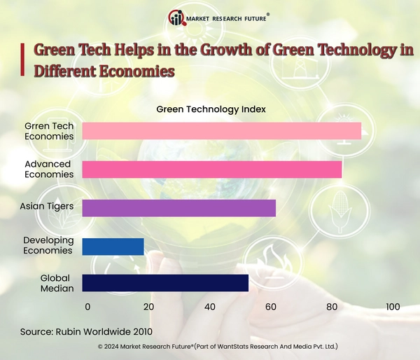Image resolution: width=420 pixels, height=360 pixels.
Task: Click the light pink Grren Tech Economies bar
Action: click(221, 131)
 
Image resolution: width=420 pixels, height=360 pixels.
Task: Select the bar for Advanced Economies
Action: click(211, 169)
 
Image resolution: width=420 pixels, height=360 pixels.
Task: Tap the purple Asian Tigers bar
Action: click(178, 208)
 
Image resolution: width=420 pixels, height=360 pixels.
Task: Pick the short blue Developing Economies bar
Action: click(113, 247)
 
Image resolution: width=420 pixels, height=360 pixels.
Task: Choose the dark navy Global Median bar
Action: click(165, 282)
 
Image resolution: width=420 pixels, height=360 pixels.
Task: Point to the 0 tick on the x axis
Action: click(87, 307)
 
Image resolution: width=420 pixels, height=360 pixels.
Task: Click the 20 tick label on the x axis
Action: click(148, 307)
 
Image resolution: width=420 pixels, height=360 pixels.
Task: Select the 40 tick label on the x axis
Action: click(210, 307)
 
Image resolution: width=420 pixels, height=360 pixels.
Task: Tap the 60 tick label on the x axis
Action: click(271, 307)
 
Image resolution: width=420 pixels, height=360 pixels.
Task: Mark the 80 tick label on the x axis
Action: click(332, 307)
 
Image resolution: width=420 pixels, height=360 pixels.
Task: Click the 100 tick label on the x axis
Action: click(392, 307)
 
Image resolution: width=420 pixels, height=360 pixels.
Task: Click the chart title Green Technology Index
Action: click(211, 109)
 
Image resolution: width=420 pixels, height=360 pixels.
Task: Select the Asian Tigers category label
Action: click(47, 207)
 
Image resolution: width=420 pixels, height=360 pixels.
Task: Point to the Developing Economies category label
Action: click(48, 245)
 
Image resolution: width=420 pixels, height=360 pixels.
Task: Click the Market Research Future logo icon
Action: click(177, 18)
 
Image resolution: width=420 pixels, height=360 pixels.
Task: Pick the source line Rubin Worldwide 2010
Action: click(86, 331)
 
